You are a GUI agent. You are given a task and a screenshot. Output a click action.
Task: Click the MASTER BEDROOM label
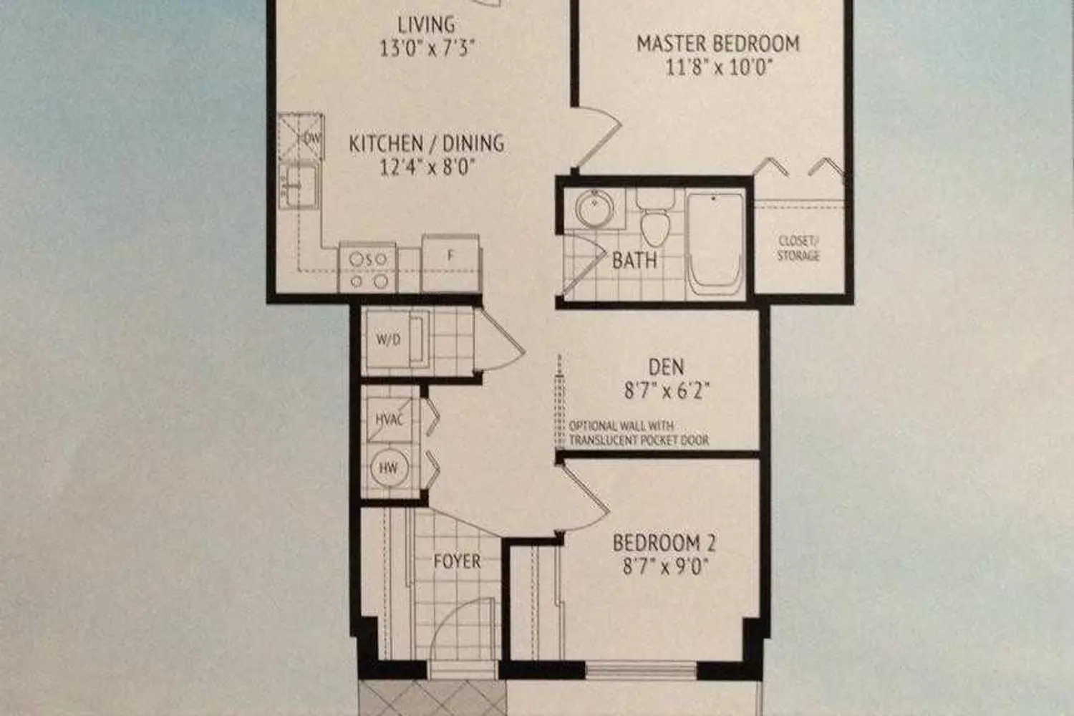click(x=717, y=44)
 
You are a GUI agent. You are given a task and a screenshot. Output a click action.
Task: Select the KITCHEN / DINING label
click(x=426, y=143)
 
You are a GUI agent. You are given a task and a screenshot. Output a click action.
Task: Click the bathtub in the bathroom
click(x=715, y=244)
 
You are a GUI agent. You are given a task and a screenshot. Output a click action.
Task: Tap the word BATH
click(x=634, y=261)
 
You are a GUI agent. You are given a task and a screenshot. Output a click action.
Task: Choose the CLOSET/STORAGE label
click(x=798, y=248)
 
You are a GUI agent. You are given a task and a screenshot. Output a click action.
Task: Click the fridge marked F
click(x=450, y=263)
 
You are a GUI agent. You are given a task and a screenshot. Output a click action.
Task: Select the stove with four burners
click(x=368, y=268)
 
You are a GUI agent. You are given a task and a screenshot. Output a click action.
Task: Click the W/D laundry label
click(x=388, y=340)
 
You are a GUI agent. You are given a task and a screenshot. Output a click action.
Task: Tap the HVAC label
click(x=390, y=420)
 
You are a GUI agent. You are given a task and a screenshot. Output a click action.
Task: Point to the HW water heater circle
click(x=389, y=468)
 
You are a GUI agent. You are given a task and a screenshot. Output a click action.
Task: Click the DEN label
click(x=666, y=367)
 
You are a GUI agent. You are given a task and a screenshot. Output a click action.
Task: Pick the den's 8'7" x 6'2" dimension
click(x=666, y=392)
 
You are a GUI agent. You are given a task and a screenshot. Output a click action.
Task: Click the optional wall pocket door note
click(x=639, y=433)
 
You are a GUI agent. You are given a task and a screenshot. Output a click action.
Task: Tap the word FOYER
click(x=457, y=561)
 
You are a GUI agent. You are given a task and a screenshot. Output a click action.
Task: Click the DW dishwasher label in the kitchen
click(x=311, y=139)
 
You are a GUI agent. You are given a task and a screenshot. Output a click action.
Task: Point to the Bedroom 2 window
click(x=641, y=670)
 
